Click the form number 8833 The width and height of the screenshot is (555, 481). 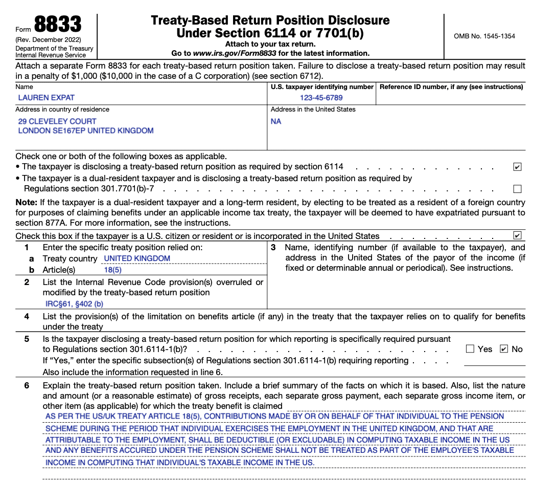[57, 25]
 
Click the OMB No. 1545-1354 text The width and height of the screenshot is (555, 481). [484, 36]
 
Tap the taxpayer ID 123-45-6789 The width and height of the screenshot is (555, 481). [321, 98]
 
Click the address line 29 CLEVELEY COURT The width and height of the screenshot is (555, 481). [57, 121]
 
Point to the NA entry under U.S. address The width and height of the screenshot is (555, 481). [276, 121]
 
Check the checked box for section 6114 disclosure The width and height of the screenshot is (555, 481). [517, 167]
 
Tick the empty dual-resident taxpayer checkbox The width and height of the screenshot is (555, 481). [517, 189]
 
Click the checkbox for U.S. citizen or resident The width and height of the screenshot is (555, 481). [517, 236]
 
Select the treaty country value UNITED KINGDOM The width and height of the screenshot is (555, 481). [137, 258]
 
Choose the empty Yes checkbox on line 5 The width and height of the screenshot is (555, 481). [470, 349]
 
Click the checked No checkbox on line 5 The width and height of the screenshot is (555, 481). [504, 349]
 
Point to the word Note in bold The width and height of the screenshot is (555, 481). [26, 203]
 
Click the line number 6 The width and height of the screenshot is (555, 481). [27, 385]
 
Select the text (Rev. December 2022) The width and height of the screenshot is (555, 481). [48, 40]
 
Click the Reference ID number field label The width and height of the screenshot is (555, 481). [451, 87]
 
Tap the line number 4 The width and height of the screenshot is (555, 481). [27, 317]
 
